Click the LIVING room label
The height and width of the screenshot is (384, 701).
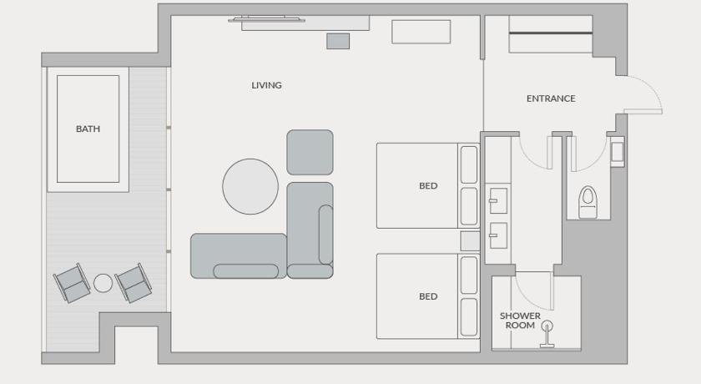(x=266, y=85)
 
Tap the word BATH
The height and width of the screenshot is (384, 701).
(x=88, y=129)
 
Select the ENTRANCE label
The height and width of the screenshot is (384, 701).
(x=551, y=99)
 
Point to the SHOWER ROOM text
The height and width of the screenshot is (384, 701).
(x=520, y=321)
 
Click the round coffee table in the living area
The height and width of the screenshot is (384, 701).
(x=250, y=186)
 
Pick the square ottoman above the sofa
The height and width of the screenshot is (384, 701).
(x=310, y=153)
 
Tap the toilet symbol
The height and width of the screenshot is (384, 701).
(x=588, y=202)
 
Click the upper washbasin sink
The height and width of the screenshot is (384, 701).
(x=498, y=200)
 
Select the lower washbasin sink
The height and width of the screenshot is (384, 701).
(x=498, y=235)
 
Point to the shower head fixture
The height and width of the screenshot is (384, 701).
(x=547, y=333)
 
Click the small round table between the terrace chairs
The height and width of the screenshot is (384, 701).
(x=103, y=283)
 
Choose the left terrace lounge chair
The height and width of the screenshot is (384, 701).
(x=72, y=282)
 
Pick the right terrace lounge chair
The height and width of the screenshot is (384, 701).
(x=134, y=282)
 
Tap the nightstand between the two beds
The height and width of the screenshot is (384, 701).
(x=471, y=241)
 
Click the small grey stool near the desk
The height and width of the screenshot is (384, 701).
(x=338, y=41)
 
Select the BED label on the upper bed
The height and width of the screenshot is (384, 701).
(x=428, y=186)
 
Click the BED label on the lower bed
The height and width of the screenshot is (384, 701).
(x=428, y=296)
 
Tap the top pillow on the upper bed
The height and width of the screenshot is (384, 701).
(x=469, y=164)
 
